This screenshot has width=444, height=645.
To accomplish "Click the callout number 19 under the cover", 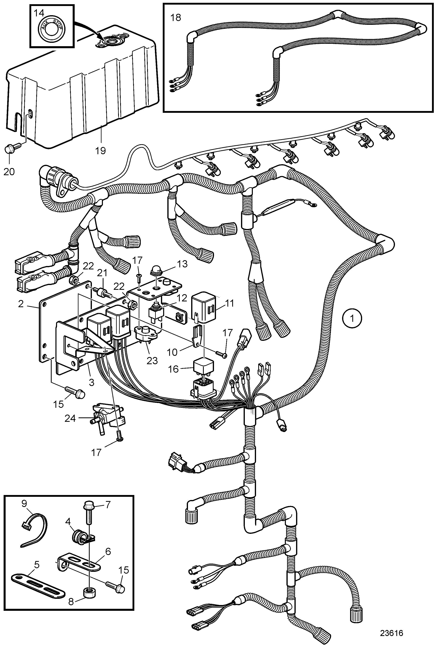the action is point(101,151).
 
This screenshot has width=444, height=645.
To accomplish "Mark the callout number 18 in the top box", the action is point(176,18).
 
